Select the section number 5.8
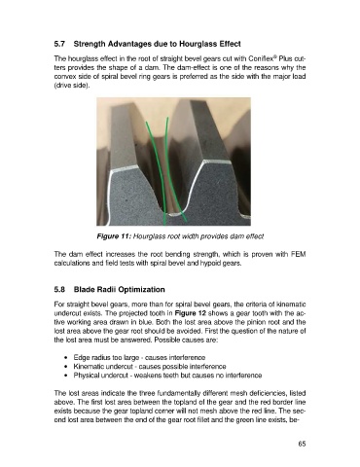(59, 289)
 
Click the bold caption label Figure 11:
(114, 236)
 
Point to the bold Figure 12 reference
(191, 313)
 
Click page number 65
(302, 444)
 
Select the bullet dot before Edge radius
(66, 358)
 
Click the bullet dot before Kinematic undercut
(66, 367)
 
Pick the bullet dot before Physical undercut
(66, 376)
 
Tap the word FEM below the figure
(300, 254)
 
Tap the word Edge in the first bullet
(80, 358)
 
